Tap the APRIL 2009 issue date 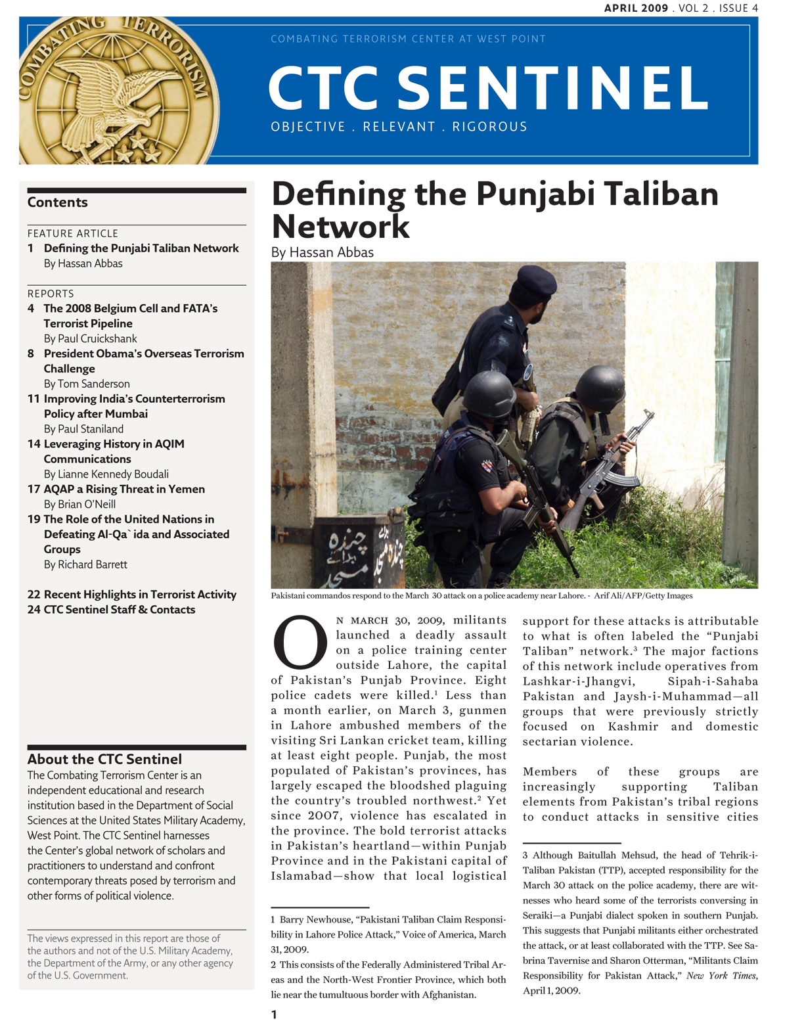[x=636, y=9]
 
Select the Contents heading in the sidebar [x=58, y=202]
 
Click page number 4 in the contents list [x=31, y=308]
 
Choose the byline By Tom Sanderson [x=87, y=384]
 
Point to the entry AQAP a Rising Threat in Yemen [x=124, y=489]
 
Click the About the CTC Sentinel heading [x=104, y=759]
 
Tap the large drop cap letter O [x=300, y=643]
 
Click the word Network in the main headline [x=341, y=227]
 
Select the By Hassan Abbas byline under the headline [x=323, y=252]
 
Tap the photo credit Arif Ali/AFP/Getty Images [x=643, y=596]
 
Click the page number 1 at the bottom [x=275, y=1014]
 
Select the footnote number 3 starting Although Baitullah [x=525, y=855]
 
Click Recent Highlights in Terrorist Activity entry [x=140, y=595]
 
